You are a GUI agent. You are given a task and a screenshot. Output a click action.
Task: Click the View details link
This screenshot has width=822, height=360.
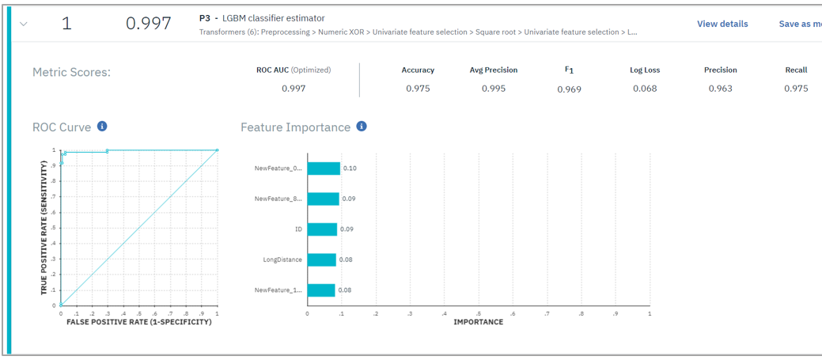coord(722,24)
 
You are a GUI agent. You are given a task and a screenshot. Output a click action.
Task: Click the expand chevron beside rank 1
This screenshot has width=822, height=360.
coord(24,24)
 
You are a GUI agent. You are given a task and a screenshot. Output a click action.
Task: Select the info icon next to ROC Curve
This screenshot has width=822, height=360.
coord(102,127)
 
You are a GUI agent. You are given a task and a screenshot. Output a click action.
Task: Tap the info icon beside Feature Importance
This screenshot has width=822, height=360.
coord(362,127)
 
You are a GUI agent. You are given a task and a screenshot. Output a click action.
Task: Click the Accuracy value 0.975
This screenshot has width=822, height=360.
coord(418,89)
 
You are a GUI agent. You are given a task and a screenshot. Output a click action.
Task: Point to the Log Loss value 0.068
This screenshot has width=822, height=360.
coord(645,89)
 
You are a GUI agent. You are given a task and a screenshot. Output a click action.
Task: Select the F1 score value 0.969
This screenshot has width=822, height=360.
coord(569,89)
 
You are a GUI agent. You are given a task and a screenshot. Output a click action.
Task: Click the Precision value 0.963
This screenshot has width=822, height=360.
coord(720,89)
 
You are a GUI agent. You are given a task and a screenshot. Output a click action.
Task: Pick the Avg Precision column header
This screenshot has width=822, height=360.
coord(494,70)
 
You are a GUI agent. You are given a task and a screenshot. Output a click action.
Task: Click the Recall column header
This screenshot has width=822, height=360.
coord(796,70)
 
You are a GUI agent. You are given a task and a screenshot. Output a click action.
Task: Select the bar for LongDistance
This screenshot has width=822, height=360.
coord(321,260)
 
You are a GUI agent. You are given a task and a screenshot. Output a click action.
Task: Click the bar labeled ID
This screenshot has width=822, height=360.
coord(322,229)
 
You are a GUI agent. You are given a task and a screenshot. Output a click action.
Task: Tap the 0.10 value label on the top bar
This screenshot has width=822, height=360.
coord(350,169)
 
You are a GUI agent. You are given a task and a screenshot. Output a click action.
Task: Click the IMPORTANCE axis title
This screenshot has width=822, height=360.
coord(478,322)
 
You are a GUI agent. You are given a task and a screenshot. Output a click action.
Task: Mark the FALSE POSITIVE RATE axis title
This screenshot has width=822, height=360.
coord(139,322)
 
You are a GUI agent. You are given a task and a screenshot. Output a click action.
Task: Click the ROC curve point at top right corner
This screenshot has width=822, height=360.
coord(218,150)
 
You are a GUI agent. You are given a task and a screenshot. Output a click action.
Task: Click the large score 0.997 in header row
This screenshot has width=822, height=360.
coord(149,24)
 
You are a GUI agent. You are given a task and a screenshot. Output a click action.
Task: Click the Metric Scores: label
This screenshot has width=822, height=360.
coord(71,73)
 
